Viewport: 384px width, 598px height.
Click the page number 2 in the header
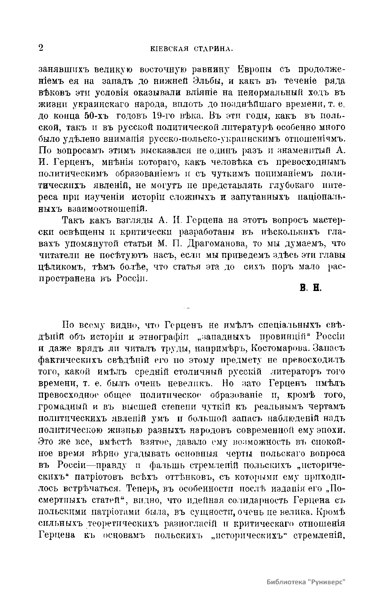41,48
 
